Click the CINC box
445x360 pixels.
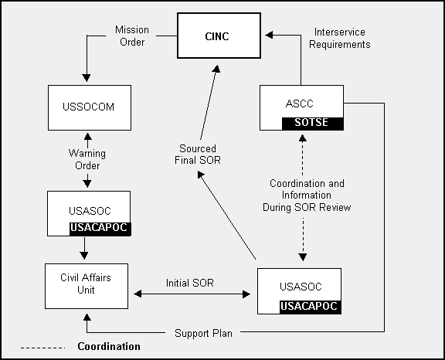click(219, 36)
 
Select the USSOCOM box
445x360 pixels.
click(90, 107)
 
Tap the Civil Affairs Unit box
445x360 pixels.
click(87, 286)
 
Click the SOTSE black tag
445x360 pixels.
click(312, 124)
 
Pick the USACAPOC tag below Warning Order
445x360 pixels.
click(100, 229)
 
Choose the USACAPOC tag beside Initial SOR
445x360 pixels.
click(311, 307)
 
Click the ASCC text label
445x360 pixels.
click(300, 104)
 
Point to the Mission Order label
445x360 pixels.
click(132, 36)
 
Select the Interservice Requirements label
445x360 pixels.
click(340, 38)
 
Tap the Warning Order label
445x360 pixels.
click(87, 159)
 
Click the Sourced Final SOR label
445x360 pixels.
click(198, 155)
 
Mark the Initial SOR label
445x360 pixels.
click(190, 283)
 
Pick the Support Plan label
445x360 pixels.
click(203, 333)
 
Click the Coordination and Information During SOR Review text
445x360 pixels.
click(307, 195)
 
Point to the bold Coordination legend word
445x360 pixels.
click(109, 346)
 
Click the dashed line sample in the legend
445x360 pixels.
click(42, 348)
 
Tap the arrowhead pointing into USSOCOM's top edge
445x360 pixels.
click(87, 78)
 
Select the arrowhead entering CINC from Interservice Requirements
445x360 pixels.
click(269, 35)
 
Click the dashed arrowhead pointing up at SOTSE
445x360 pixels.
click(303, 138)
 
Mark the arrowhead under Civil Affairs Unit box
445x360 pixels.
click(87, 318)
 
